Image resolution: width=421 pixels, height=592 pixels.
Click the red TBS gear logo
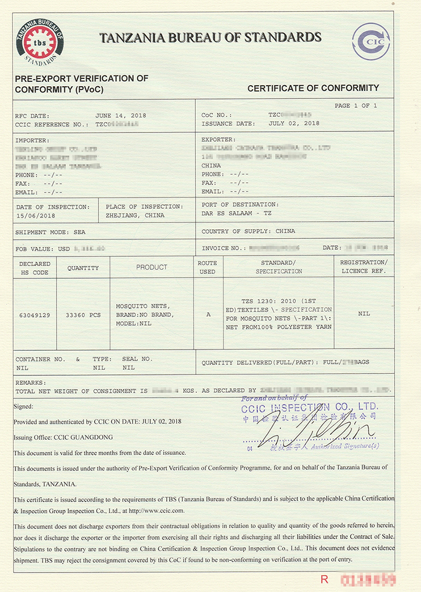pyautogui.click(x=40, y=43)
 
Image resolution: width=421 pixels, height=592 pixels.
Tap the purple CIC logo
pyautogui.click(x=371, y=41)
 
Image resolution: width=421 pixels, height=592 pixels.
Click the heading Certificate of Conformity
pyautogui.click(x=313, y=88)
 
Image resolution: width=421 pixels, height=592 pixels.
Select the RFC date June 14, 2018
pyautogui.click(x=121, y=115)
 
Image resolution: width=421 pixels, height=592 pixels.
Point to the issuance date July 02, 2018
pyautogui.click(x=294, y=124)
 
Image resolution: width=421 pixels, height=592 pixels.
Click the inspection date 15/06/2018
pyautogui.click(x=35, y=215)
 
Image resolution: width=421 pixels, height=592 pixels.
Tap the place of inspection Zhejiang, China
pyautogui.click(x=135, y=215)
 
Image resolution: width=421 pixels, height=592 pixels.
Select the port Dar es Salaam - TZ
pyautogui.click(x=236, y=213)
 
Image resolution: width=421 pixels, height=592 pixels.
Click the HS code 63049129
pyautogui.click(x=34, y=314)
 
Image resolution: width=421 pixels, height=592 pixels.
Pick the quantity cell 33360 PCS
pyautogui.click(x=83, y=314)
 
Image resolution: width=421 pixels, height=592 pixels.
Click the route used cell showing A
pyautogui.click(x=208, y=314)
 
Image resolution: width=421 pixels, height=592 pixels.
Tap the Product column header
pyautogui.click(x=152, y=267)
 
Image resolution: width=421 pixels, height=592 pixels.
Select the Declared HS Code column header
pyautogui.click(x=35, y=268)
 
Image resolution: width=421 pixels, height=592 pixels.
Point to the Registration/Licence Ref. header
pyautogui.click(x=364, y=267)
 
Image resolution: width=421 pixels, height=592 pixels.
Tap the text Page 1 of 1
pyautogui.click(x=356, y=106)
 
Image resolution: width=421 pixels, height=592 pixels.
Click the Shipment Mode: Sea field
pyautogui.click(x=51, y=232)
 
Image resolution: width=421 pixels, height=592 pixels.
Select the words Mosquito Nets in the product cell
pyautogui.click(x=135, y=306)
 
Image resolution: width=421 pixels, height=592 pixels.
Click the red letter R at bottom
pyautogui.click(x=324, y=579)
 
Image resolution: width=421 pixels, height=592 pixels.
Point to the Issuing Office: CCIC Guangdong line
pyautogui.click(x=63, y=437)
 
